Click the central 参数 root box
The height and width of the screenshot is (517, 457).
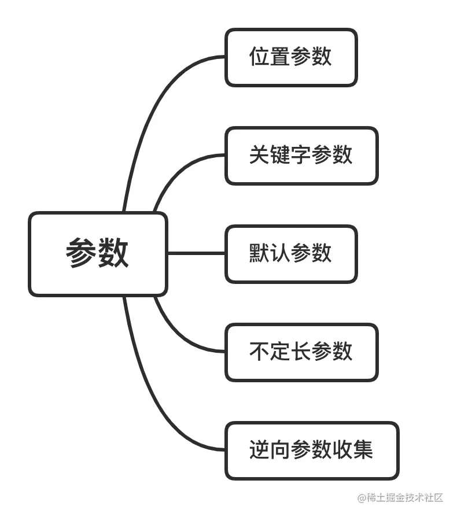click(98, 254)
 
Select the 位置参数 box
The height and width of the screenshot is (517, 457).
click(291, 57)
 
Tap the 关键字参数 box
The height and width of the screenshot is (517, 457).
click(301, 156)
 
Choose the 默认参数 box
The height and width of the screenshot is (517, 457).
click(291, 254)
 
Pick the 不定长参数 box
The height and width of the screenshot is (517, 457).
click(301, 352)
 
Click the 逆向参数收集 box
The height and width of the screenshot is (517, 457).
click(312, 450)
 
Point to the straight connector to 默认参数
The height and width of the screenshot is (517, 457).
click(196, 253)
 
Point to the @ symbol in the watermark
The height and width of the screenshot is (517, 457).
click(362, 497)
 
